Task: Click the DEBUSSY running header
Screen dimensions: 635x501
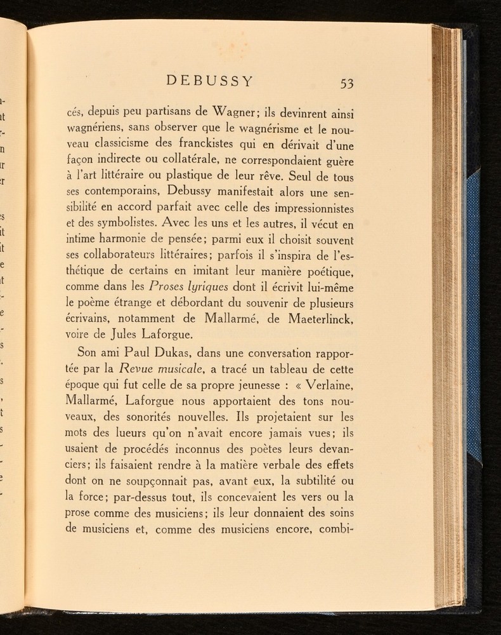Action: (x=210, y=81)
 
